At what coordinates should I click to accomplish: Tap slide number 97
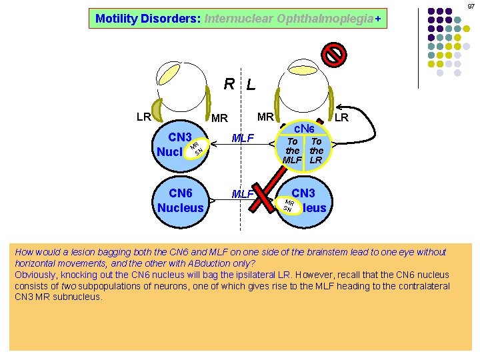point(471,6)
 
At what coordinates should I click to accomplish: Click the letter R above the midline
point(229,84)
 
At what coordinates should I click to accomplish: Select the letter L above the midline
point(251,85)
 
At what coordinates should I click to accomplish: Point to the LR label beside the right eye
point(143,117)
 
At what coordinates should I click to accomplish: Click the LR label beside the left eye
point(341,117)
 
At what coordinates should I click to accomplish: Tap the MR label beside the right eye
point(219,119)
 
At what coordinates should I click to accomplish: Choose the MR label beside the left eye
point(265,117)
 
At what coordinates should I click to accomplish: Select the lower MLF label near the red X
point(241,194)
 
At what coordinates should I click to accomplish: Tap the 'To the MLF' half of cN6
point(292,151)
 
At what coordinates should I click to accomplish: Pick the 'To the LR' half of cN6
point(316,151)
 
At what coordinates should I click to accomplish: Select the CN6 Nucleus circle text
point(181,200)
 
